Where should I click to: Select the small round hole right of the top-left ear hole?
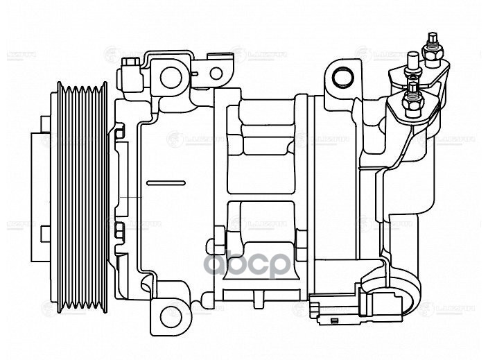coord(217,73)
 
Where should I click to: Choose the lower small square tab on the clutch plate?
coord(46,232)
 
